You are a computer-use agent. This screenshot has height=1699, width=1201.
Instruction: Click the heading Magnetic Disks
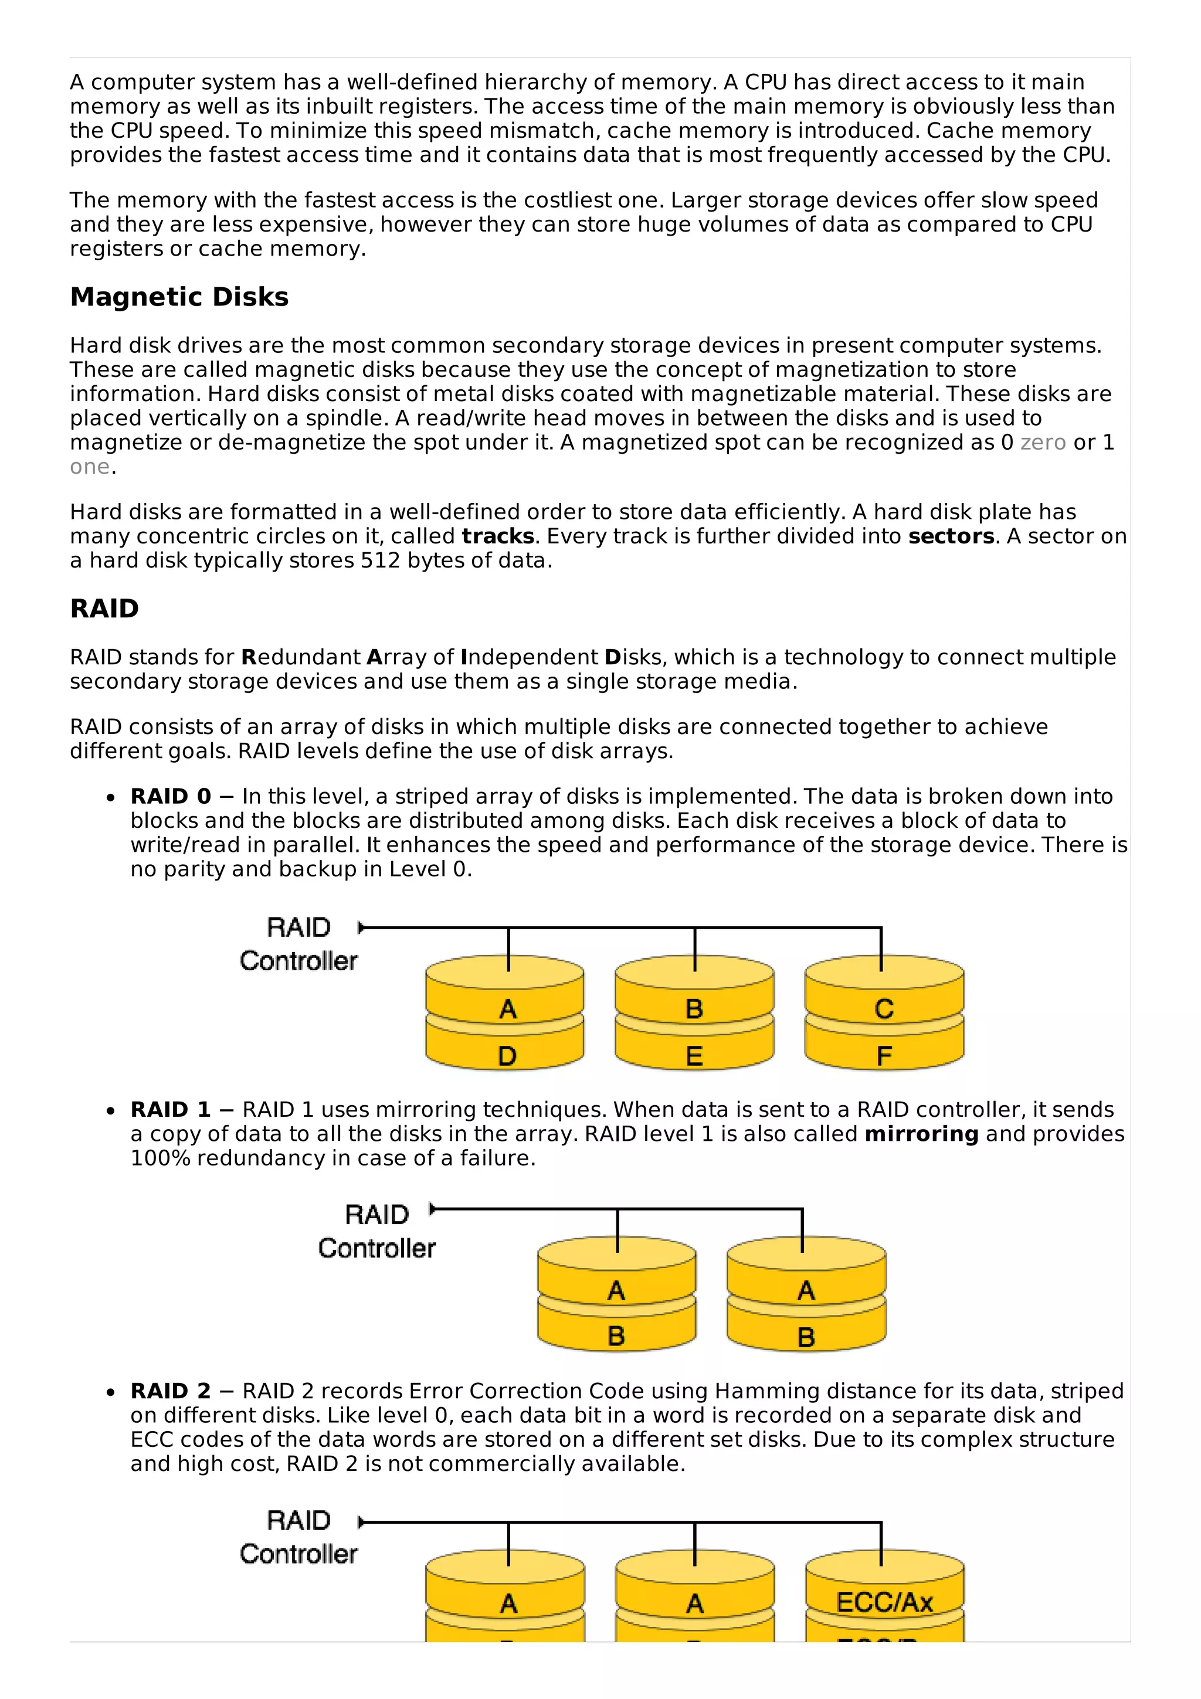point(179,297)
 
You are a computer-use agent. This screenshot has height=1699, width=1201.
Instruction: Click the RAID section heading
point(104,609)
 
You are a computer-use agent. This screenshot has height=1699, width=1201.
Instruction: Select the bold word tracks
point(497,536)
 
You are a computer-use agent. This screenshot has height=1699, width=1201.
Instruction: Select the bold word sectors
point(951,536)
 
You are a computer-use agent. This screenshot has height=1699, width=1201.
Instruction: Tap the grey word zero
point(1043,443)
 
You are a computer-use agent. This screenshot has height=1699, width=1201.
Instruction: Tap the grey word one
point(90,467)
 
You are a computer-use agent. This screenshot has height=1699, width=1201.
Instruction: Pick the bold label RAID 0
point(171,796)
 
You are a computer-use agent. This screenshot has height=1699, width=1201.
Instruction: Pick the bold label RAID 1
point(171,1109)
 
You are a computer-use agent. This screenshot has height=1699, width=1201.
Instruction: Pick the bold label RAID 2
point(171,1391)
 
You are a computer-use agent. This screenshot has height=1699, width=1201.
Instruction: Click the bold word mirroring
point(921,1134)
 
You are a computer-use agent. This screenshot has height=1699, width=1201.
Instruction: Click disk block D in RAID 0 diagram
point(507,1055)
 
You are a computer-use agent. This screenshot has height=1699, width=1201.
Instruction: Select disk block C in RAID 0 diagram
point(884,1008)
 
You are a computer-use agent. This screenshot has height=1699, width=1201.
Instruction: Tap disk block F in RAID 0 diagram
point(884,1055)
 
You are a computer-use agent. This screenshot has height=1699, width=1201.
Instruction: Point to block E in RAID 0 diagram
point(694,1055)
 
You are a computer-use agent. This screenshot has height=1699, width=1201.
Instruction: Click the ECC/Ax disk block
point(884,1602)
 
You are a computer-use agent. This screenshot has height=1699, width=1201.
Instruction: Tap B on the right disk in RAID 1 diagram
point(806,1337)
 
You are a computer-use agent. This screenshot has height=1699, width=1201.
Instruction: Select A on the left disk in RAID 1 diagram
point(616,1290)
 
